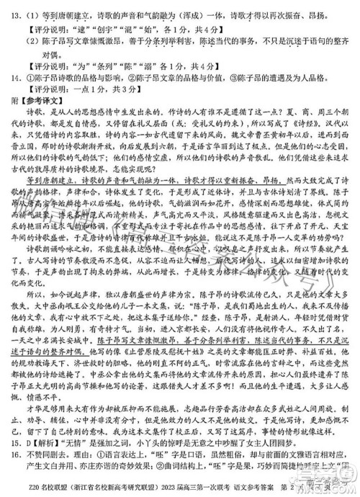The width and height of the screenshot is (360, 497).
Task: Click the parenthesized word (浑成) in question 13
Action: (203, 9)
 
